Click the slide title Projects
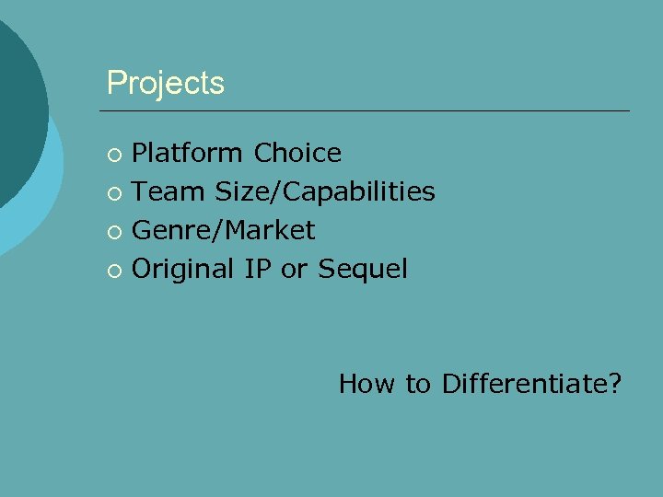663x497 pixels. [x=165, y=84]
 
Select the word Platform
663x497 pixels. [x=189, y=153]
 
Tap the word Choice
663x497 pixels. [x=297, y=153]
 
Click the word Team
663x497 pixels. [x=169, y=191]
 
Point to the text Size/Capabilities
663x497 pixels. [x=325, y=191]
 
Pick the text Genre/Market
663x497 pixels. [x=224, y=230]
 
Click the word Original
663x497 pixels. [x=184, y=269]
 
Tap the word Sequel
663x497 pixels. [x=362, y=269]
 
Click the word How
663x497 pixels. [x=368, y=383]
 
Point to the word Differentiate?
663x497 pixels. [x=531, y=383]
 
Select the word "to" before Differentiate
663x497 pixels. [x=418, y=383]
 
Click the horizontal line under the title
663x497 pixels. [x=368, y=111]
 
